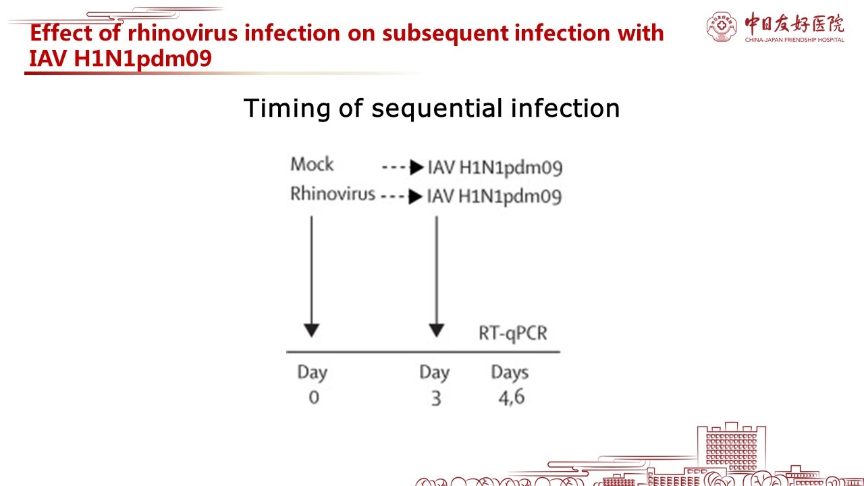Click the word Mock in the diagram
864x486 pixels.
pyautogui.click(x=312, y=164)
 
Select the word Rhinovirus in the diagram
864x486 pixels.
pyautogui.click(x=333, y=193)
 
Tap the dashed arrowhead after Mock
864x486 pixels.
pyautogui.click(x=417, y=167)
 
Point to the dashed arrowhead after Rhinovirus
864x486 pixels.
pyautogui.click(x=415, y=196)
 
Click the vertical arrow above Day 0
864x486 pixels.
pyautogui.click(x=311, y=277)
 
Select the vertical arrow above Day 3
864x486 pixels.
pyautogui.click(x=436, y=277)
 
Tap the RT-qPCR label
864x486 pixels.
pyautogui.click(x=512, y=333)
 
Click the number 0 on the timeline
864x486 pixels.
pyautogui.click(x=314, y=398)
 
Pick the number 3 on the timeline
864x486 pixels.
pyautogui.click(x=436, y=398)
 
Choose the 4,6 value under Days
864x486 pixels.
pyautogui.click(x=512, y=398)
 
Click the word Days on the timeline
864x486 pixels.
pyautogui.click(x=510, y=373)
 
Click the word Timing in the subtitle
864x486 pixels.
pyautogui.click(x=287, y=109)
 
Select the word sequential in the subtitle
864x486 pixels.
pyautogui.click(x=437, y=109)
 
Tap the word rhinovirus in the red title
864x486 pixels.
pyautogui.click(x=182, y=33)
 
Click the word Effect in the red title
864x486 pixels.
pyautogui.click(x=61, y=32)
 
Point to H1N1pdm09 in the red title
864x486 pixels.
pyautogui.click(x=142, y=59)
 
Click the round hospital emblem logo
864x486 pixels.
pyautogui.click(x=722, y=26)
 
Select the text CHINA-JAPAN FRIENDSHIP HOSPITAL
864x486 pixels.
pyautogui.click(x=794, y=40)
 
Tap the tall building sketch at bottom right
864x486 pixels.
pyautogui.click(x=731, y=450)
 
